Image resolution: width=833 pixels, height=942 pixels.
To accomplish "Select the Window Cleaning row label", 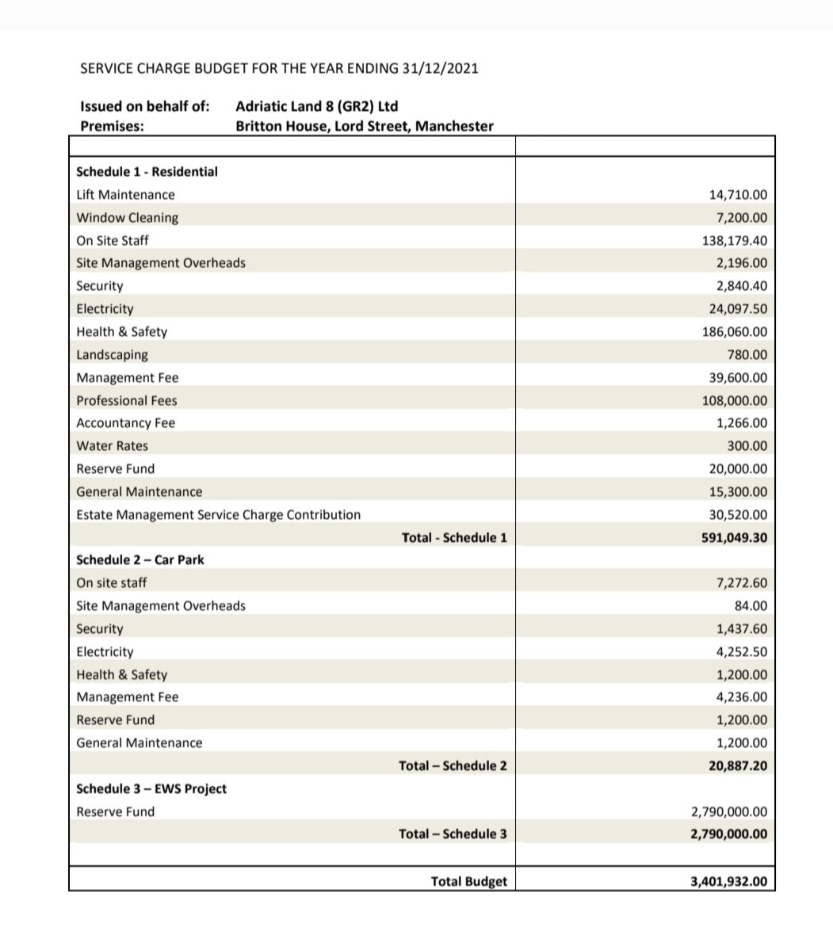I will tap(127, 218).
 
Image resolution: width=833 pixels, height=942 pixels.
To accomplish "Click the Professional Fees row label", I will tap(126, 401).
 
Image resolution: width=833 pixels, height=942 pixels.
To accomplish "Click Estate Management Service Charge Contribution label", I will tap(218, 515).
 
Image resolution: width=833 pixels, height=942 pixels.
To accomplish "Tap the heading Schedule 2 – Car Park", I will tap(139, 560).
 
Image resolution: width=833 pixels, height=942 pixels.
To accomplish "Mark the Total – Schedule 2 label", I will tap(453, 765).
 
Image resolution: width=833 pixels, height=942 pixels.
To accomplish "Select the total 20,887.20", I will tap(737, 766).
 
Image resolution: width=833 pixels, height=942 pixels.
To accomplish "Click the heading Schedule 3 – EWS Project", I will tap(151, 789).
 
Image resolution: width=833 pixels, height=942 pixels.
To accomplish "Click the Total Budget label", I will tap(468, 881).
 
